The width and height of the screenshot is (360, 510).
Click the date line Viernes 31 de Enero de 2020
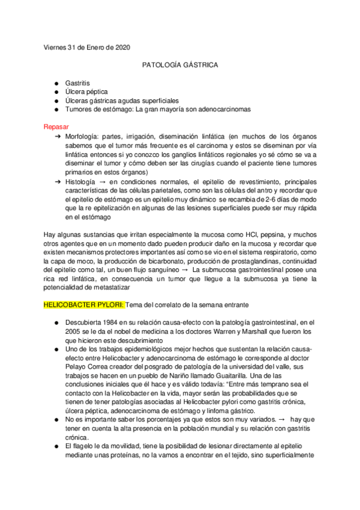(x=87, y=48)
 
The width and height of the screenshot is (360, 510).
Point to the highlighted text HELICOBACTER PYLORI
(x=84, y=305)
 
